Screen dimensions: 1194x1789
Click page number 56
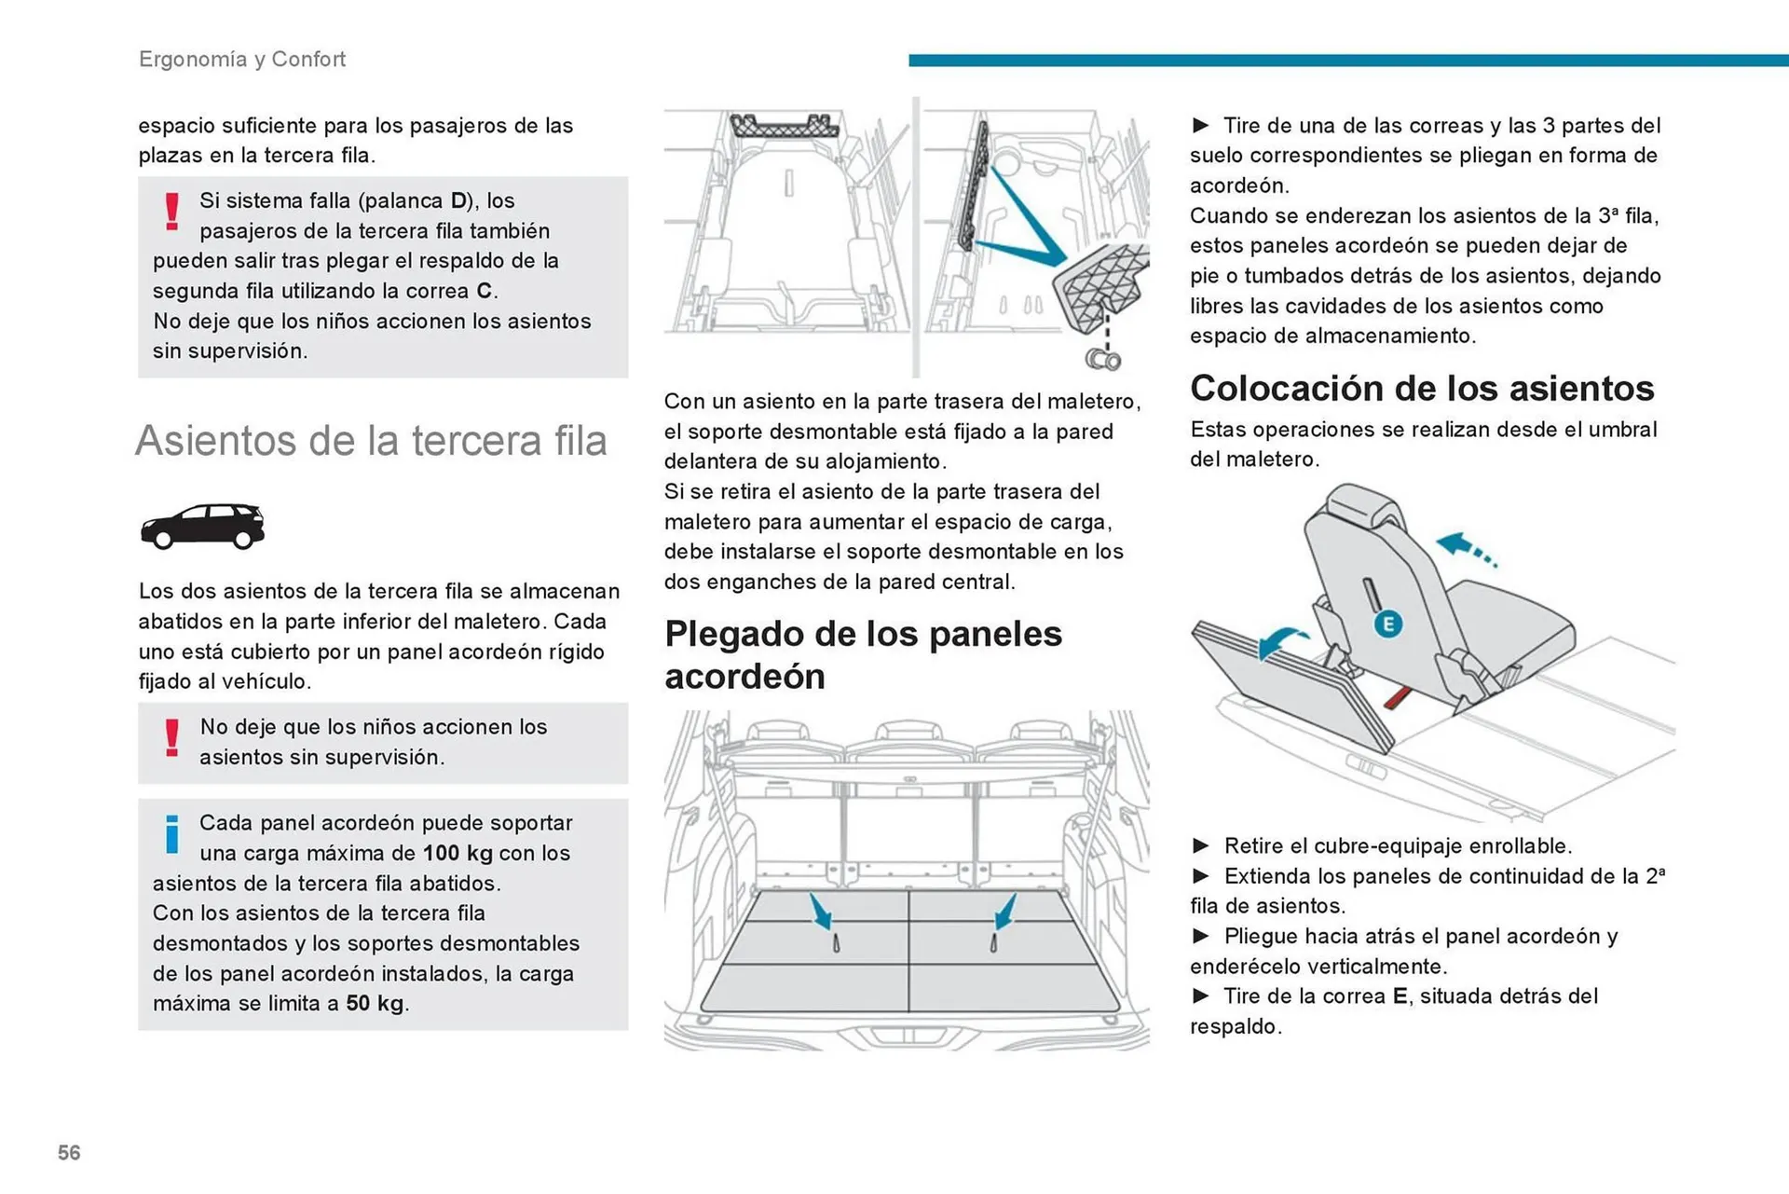(x=69, y=1152)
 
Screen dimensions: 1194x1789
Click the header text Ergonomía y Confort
(x=242, y=59)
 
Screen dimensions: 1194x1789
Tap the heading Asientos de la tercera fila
(x=371, y=440)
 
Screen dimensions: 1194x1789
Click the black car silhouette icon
(x=202, y=527)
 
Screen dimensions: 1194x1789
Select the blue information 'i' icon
(x=172, y=834)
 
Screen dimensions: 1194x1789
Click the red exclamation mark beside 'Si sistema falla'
(x=172, y=212)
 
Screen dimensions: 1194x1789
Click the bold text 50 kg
(x=375, y=1003)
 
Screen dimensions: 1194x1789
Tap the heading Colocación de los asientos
(x=1422, y=388)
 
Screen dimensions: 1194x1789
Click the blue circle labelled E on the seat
(x=1387, y=624)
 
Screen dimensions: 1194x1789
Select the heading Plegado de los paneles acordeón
(x=863, y=654)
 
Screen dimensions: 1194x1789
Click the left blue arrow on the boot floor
(x=821, y=912)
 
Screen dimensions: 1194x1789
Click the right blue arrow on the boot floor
(x=1004, y=912)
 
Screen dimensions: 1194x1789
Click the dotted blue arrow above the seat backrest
(x=1465, y=548)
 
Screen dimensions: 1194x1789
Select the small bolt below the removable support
(x=1103, y=359)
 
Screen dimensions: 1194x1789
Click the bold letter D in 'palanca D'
(x=458, y=200)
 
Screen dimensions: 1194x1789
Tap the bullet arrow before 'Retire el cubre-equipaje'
(x=1201, y=845)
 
